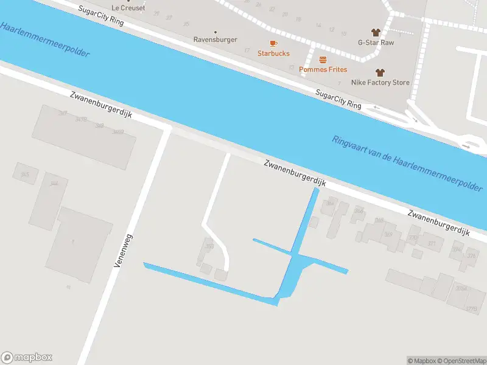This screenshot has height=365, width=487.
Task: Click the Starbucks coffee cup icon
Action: point(273,43)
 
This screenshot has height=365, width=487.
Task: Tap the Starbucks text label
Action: point(273,54)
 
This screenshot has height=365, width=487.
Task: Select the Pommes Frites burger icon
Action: point(323,60)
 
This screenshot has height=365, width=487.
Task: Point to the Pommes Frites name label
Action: point(323,69)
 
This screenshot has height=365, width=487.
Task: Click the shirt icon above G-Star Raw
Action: point(375,32)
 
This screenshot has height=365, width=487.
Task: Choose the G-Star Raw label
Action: point(375,43)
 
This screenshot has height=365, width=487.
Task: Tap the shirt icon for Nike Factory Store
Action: point(380,72)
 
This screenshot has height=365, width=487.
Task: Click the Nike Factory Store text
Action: point(380,82)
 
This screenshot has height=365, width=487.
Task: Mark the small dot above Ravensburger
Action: point(215,32)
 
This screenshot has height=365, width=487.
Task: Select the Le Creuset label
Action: point(128,7)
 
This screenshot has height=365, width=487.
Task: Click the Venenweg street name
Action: point(123,251)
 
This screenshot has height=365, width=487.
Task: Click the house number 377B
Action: point(471,309)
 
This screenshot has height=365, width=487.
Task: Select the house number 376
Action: point(471,256)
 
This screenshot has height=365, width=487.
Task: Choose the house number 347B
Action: point(81,119)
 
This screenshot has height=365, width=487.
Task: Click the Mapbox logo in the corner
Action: point(27,358)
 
